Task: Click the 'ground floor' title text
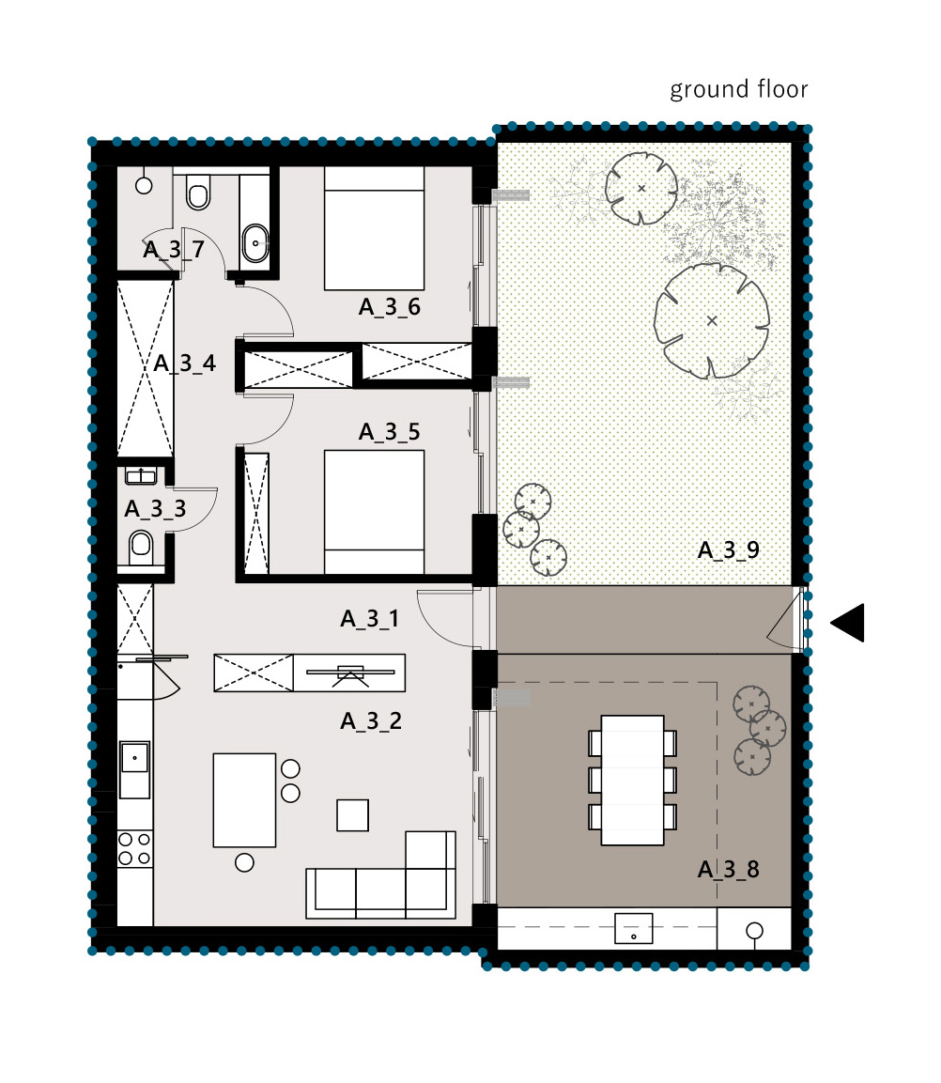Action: point(739,90)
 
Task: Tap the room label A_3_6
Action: point(390,306)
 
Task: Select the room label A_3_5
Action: point(390,432)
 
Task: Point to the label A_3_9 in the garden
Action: point(729,549)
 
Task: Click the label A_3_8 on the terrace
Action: point(729,869)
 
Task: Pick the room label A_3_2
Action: point(371,721)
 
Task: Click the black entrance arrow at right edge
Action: point(847,623)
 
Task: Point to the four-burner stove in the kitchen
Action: point(134,849)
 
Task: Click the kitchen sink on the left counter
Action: point(134,769)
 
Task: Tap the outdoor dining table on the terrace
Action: point(632,780)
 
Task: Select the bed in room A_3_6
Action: point(374,228)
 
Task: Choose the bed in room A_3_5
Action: point(374,512)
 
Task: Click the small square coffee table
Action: point(353,815)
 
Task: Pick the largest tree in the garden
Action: point(712,320)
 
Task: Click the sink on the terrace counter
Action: point(634,928)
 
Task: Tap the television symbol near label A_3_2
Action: point(350,673)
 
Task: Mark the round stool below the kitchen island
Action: point(244,862)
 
